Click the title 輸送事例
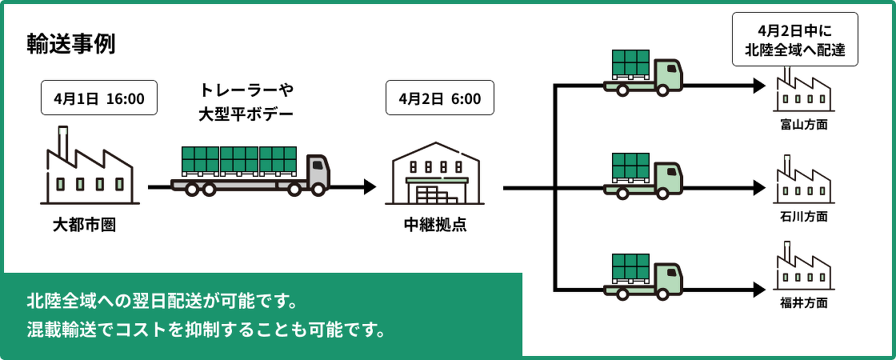coord(71,43)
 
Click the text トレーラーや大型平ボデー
coord(246,102)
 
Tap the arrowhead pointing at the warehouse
coord(369,187)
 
